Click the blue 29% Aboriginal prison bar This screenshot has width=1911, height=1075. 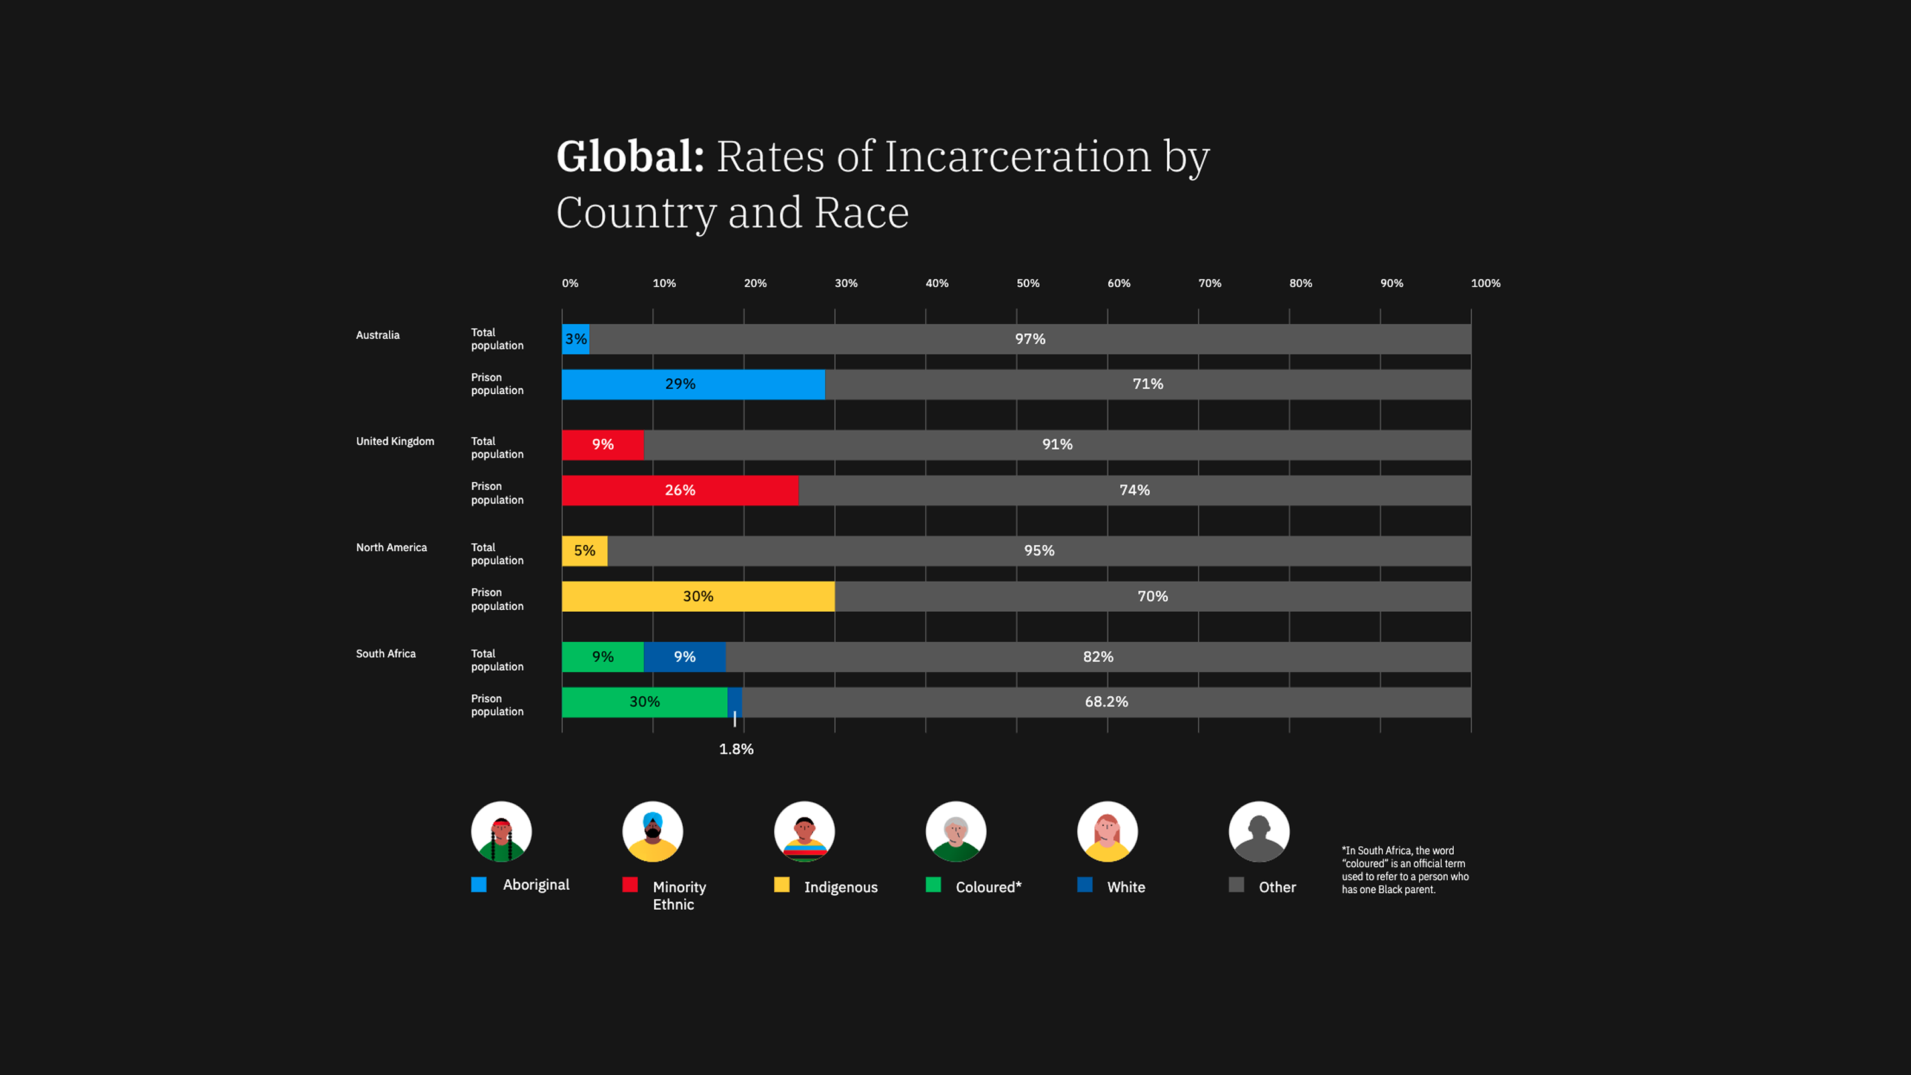(693, 384)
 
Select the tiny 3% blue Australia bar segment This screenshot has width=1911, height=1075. (576, 339)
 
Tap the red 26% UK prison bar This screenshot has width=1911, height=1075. (679, 490)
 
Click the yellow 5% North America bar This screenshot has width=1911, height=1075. (585, 551)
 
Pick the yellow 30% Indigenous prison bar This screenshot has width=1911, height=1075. (697, 597)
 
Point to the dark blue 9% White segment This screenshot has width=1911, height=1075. (684, 656)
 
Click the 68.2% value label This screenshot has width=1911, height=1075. (1106, 702)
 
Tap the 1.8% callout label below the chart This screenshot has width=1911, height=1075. (736, 749)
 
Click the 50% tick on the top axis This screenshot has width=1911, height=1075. (1027, 283)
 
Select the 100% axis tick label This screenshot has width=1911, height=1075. (1485, 283)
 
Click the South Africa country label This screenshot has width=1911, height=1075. (386, 654)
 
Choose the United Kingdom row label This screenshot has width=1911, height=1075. (395, 441)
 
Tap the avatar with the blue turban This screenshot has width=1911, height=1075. (652, 831)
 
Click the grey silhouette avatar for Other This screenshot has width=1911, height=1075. (1258, 831)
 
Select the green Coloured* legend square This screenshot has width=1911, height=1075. (933, 885)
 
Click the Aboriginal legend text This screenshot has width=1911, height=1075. (535, 885)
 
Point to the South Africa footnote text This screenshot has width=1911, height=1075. (1404, 869)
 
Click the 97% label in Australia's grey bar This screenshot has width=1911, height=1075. (1030, 339)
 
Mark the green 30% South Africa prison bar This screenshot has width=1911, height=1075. (644, 702)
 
